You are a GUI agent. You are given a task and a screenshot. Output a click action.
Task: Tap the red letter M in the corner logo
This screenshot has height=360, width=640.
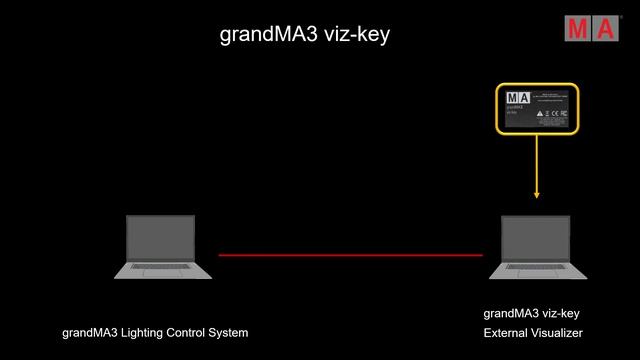point(580,29)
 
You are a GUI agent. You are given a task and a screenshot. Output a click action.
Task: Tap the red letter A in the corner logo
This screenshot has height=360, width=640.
point(606,29)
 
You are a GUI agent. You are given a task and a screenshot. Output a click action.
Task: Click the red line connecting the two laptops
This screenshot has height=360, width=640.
point(350,255)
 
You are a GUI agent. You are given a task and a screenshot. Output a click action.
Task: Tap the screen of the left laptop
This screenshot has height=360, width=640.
point(160,239)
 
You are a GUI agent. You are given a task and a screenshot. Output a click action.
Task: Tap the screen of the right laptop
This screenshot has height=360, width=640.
point(535,239)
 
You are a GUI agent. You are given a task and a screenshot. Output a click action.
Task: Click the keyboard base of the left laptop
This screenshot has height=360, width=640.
point(163,270)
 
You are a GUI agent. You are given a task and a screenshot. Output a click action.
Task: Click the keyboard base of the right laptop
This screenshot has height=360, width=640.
point(537,270)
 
